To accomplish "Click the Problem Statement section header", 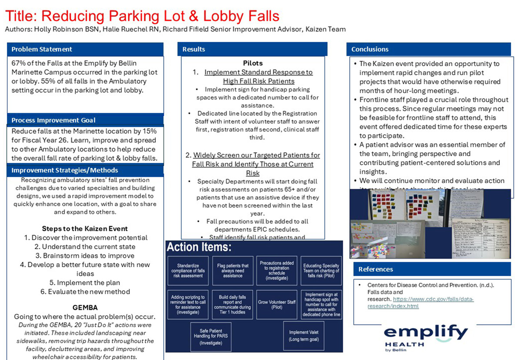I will pyautogui.click(x=42, y=50).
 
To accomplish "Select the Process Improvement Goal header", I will pyautogui.click(x=54, y=120).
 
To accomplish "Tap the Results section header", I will pyautogui.click(x=194, y=50).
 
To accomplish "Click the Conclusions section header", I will pyautogui.click(x=370, y=50).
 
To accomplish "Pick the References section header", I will pyautogui.click(x=375, y=270).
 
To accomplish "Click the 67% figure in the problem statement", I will pyautogui.click(x=19, y=63).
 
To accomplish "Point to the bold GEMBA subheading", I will pyautogui.click(x=85, y=307).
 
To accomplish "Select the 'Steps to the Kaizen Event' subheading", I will pyautogui.click(x=85, y=229).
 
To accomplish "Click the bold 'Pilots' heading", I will pyautogui.click(x=253, y=63).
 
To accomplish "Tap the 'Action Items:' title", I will pyautogui.click(x=199, y=247).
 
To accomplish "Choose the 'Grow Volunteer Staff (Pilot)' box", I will pyautogui.click(x=277, y=304).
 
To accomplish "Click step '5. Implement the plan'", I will pyautogui.click(x=85, y=283).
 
